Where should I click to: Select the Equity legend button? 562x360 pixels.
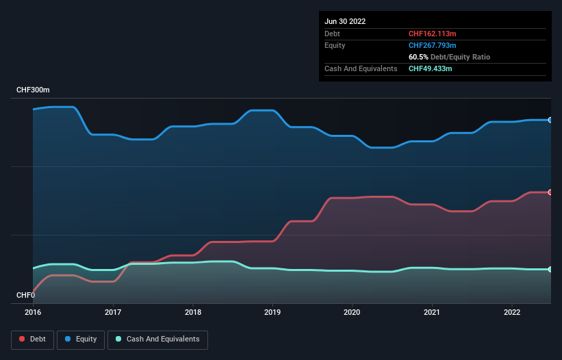click(x=81, y=339)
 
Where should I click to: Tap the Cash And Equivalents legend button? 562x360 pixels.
click(x=157, y=339)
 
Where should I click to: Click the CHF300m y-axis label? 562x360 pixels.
click(x=33, y=90)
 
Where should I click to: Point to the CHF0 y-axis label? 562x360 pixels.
click(x=25, y=296)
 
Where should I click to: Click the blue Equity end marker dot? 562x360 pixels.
click(x=550, y=120)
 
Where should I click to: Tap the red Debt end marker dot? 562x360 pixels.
click(x=550, y=192)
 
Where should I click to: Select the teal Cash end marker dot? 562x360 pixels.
click(x=550, y=269)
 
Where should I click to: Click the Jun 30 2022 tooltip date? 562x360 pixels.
click(x=345, y=21)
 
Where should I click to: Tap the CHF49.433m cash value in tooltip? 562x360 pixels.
click(x=430, y=68)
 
